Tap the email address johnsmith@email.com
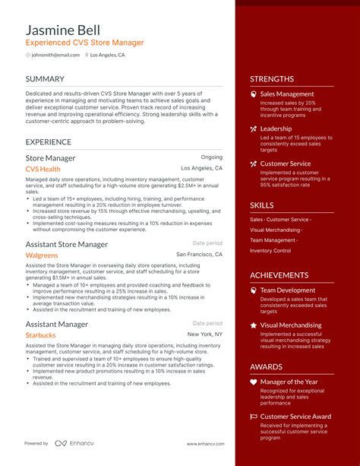click(55, 55)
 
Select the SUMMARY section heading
click(45, 79)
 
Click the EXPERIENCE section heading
click(49, 141)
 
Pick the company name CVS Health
click(43, 169)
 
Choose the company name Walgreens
click(42, 255)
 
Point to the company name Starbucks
click(41, 334)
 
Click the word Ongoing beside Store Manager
click(211, 158)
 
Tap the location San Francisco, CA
click(199, 255)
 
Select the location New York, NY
click(205, 334)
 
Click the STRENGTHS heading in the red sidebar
click(271, 79)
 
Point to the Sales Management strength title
click(287, 94)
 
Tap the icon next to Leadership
click(254, 128)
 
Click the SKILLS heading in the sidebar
click(262, 205)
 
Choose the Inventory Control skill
click(270, 251)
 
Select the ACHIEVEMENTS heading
click(279, 275)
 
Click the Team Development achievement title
click(288, 290)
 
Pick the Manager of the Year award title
click(289, 382)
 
